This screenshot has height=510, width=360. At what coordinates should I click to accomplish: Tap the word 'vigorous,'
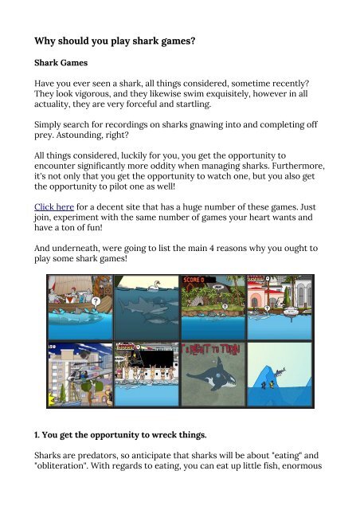click(x=113, y=108)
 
